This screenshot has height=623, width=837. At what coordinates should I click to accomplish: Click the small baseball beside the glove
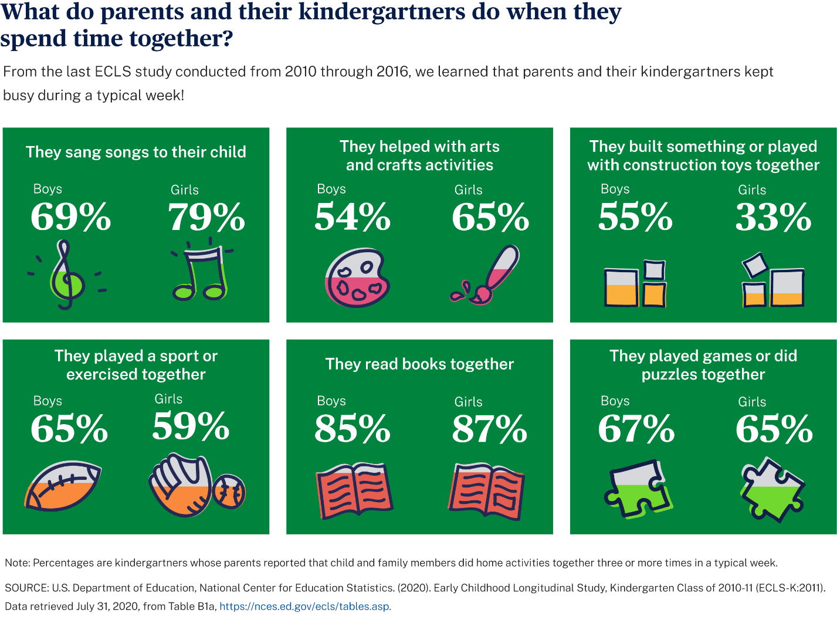coord(229,492)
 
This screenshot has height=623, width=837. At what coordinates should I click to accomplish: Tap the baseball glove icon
coord(181,485)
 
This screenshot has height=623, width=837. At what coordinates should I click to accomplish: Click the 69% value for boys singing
coord(70,217)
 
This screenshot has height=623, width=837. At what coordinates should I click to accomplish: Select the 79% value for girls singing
coord(206,218)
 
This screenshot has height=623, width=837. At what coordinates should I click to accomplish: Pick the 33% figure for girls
coord(773,218)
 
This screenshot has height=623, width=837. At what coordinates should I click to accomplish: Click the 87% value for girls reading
coord(489,429)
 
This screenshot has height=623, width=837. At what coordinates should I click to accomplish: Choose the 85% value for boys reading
coord(352,429)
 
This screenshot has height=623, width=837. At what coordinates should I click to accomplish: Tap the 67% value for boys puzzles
coord(636,429)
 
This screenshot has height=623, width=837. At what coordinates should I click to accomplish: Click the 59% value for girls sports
coord(191,426)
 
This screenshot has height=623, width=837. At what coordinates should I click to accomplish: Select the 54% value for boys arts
coord(352,217)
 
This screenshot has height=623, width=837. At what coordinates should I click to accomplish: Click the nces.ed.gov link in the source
coord(305,607)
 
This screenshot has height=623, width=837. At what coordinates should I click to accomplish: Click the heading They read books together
coord(419,364)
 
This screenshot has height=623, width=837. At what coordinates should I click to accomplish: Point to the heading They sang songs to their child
coord(135,152)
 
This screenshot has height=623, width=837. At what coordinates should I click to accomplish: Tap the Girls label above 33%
coord(752,190)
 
